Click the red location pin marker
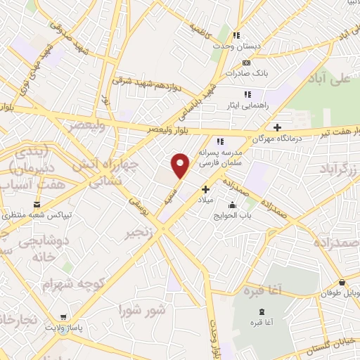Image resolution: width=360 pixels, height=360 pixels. pos(181,166)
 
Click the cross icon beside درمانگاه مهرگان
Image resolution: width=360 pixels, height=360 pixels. pos(278,128)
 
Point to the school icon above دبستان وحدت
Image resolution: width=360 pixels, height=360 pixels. pos(237,35)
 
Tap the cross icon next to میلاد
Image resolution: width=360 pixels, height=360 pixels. pos(205,188)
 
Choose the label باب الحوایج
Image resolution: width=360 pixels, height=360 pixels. pos(233,217)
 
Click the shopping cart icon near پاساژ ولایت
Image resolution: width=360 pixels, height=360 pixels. pos(64,317)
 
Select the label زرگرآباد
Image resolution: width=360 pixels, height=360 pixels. pos(338,169)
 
